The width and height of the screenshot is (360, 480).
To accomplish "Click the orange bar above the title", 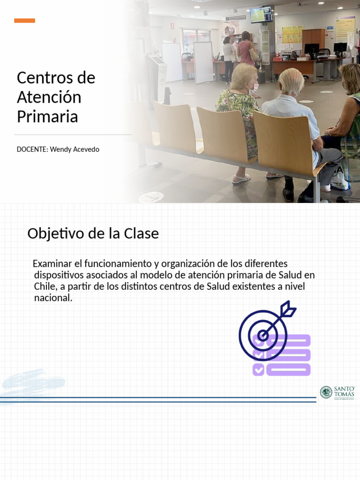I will click(x=24, y=21).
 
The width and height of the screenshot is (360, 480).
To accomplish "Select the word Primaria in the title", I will click(x=47, y=117).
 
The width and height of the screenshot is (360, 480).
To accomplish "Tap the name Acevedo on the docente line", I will click(x=85, y=150).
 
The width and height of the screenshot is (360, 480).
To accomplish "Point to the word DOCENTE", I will click(x=32, y=150).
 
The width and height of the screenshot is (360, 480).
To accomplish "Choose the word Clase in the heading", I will click(x=141, y=233).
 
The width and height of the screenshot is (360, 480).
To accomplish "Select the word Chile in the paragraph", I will click(x=45, y=286).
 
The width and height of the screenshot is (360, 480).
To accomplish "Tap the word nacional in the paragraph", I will click(x=53, y=298).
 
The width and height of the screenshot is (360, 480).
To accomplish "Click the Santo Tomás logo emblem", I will click(x=326, y=392).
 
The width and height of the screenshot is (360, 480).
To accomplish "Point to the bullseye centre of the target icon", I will click(x=263, y=335).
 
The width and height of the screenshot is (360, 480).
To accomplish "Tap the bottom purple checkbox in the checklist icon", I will click(x=258, y=370).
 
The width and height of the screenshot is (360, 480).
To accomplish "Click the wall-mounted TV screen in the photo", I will click(x=261, y=15).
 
